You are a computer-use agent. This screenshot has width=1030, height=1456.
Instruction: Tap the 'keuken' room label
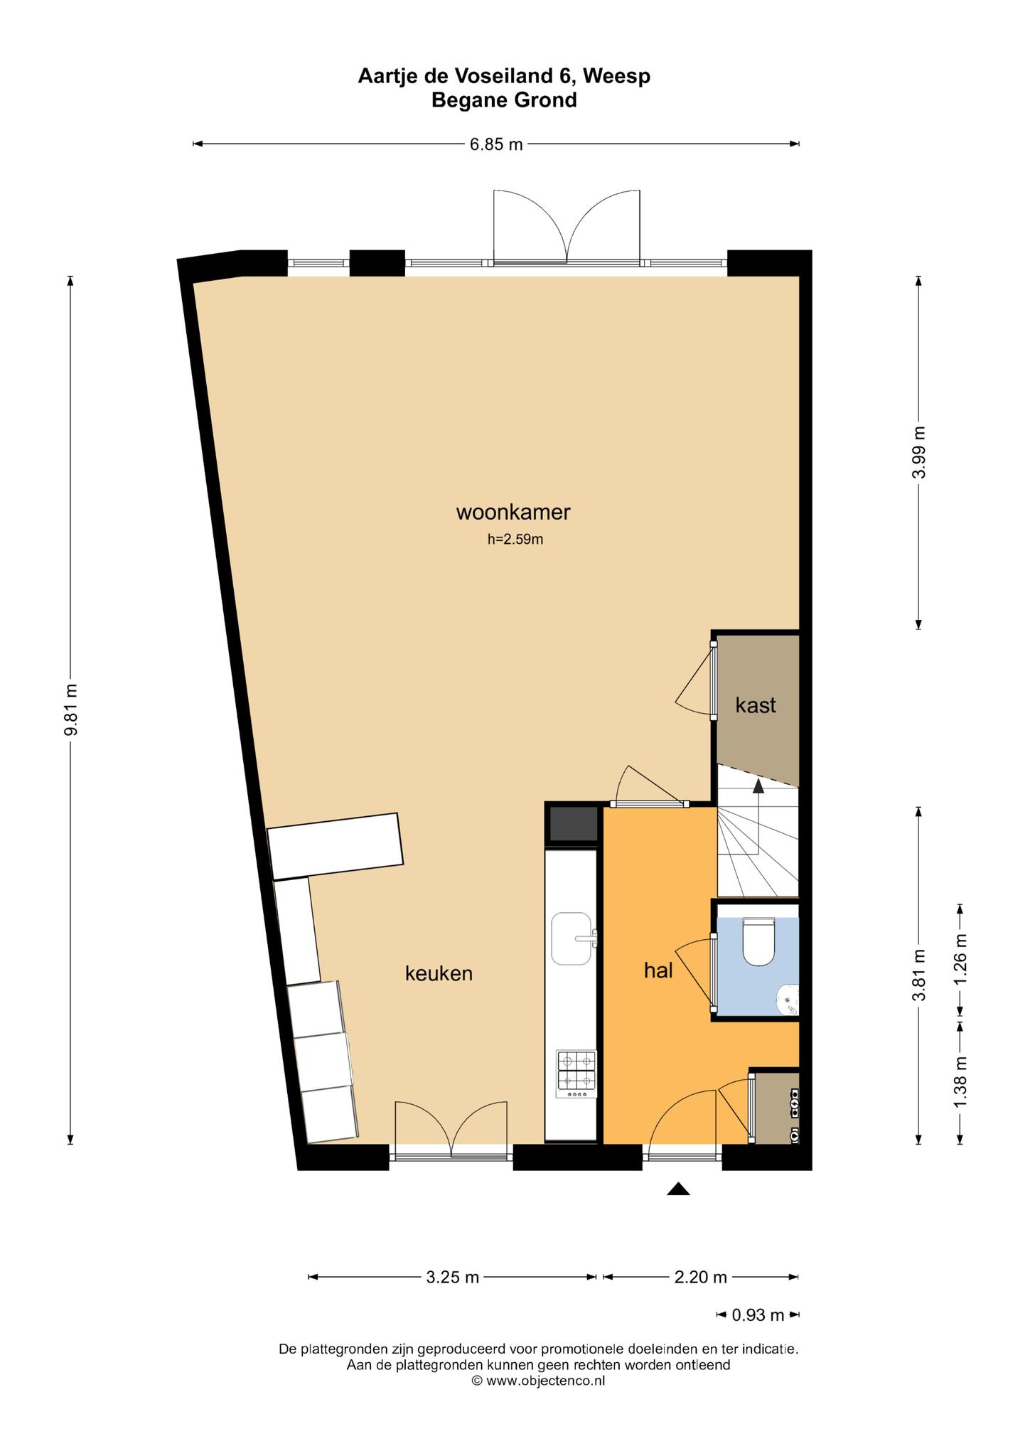point(439,973)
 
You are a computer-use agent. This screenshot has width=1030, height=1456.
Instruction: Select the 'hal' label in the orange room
point(658,970)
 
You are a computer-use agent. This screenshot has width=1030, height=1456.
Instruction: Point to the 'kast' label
point(756,705)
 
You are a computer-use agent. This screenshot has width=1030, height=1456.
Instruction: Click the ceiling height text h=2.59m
point(515,540)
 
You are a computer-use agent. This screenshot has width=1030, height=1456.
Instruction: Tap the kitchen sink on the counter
point(573,939)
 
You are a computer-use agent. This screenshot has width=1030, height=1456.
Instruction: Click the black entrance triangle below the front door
point(679,1189)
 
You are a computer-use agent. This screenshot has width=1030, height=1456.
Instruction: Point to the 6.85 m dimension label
point(496,144)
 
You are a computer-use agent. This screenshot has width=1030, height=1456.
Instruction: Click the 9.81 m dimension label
point(70,711)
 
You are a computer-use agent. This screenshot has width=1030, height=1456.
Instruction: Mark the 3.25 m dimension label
point(453,1278)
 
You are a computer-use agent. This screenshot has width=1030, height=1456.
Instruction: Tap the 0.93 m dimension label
point(758,1315)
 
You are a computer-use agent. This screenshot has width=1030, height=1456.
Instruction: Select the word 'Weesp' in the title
point(618,75)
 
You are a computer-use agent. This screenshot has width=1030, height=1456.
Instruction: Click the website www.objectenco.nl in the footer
point(545,1381)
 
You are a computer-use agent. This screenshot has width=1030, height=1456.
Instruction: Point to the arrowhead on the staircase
point(758,786)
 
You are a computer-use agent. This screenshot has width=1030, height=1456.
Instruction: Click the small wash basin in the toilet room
point(790,999)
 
